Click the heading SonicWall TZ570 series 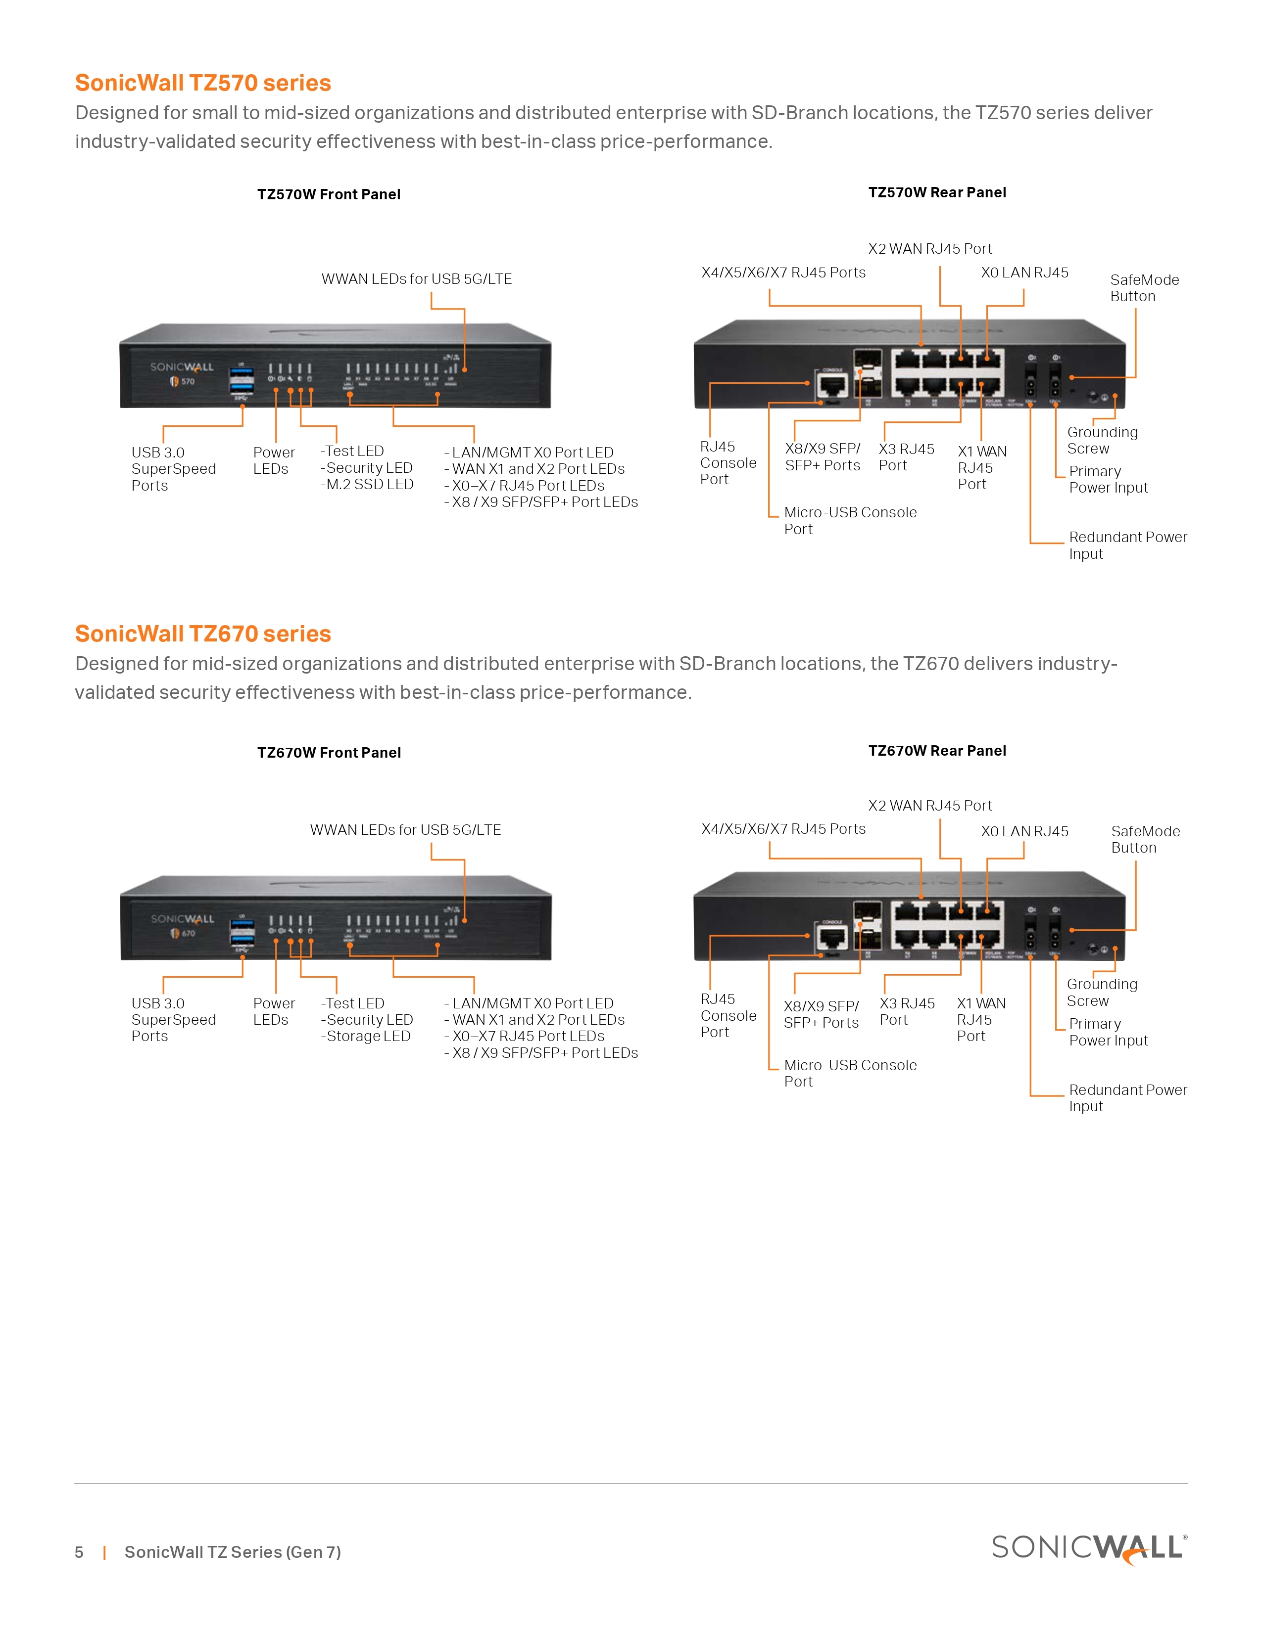202,83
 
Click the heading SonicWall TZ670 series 202,634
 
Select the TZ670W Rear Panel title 937,750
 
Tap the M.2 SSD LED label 368,484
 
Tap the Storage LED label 366,1036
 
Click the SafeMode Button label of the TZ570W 1144,288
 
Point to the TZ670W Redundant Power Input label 1127,1098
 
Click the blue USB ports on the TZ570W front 242,379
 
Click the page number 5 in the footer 79,1552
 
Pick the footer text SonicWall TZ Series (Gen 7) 233,1552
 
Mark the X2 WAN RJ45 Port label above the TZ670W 929,806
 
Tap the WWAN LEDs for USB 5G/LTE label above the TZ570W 416,279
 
